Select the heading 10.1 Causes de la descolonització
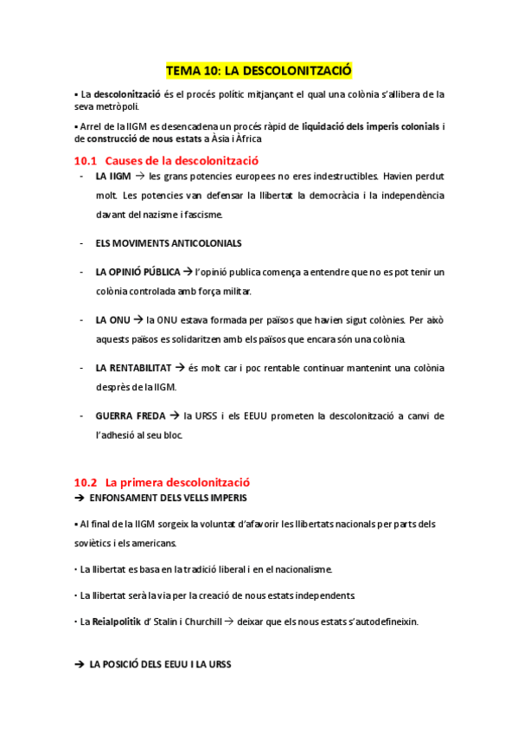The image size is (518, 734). (x=166, y=160)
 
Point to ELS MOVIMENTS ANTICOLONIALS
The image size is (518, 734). (x=169, y=243)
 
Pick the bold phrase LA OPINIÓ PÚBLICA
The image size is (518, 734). (x=138, y=272)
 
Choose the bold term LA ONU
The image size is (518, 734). (x=112, y=319)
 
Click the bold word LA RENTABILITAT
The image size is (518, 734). (x=139, y=368)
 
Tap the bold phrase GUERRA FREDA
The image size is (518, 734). (x=131, y=415)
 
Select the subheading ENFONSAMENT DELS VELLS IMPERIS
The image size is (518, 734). (x=169, y=498)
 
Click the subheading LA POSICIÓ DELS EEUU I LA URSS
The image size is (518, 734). (x=161, y=664)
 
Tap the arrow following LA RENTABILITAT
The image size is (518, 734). (x=192, y=368)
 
